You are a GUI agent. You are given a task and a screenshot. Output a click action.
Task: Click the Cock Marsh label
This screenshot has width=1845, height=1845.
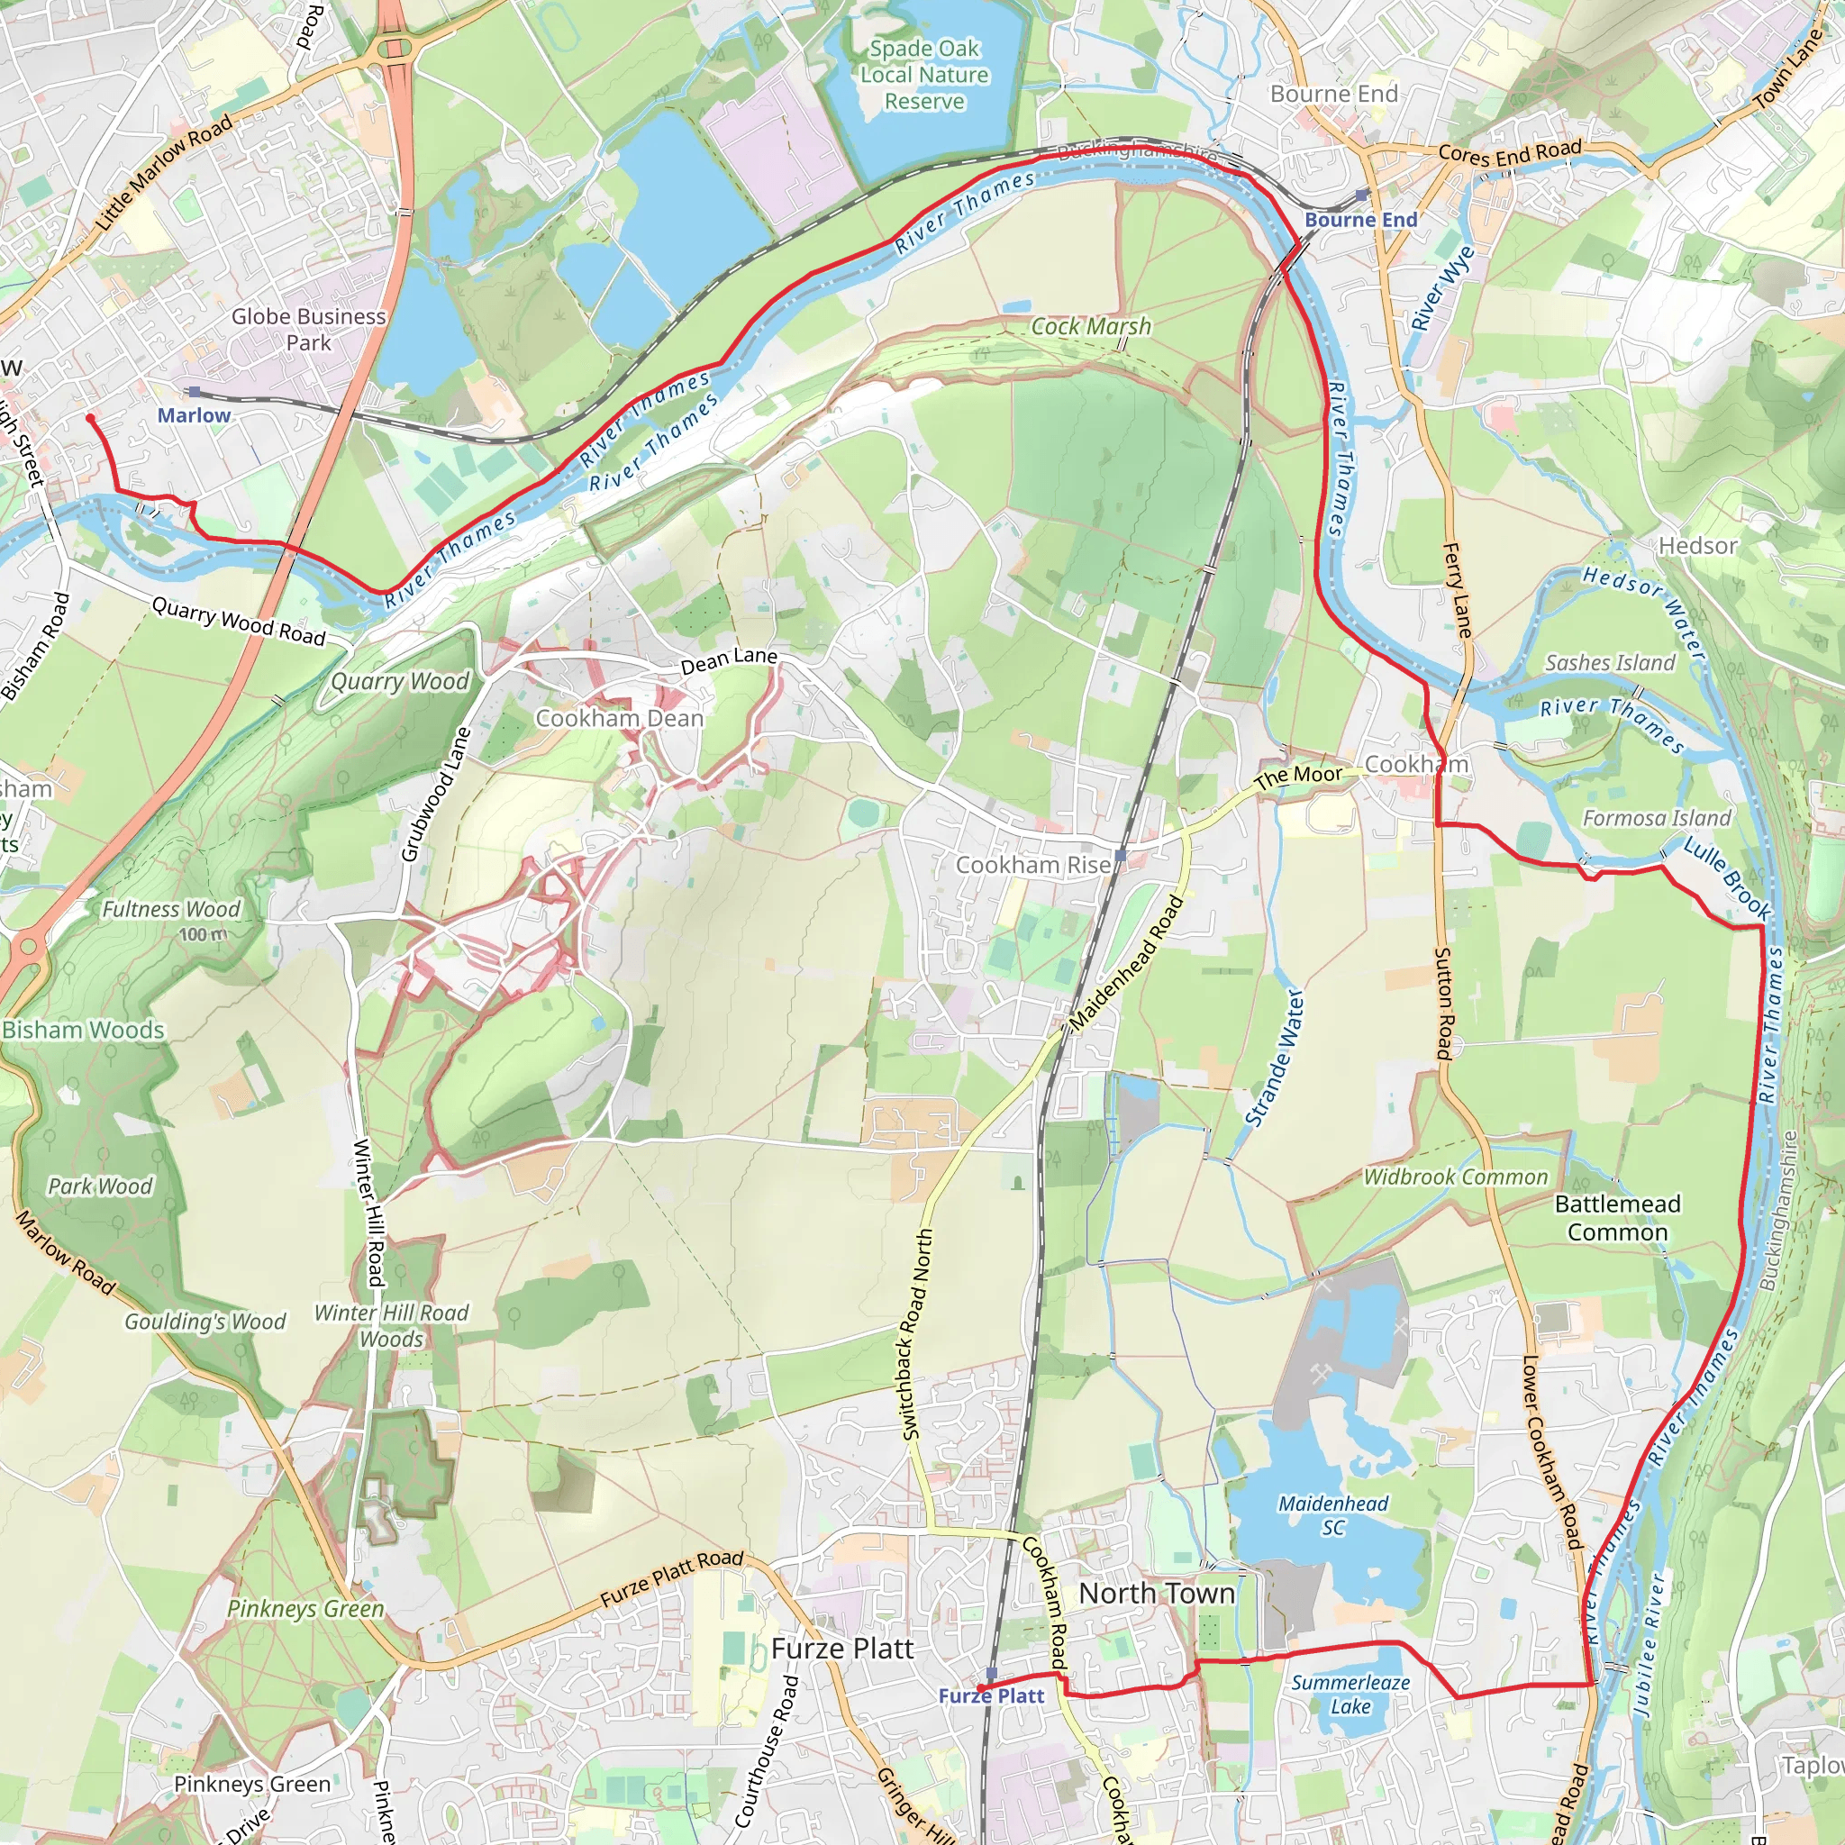tap(1091, 327)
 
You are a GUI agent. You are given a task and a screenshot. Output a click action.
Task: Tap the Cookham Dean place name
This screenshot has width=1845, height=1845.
tap(619, 718)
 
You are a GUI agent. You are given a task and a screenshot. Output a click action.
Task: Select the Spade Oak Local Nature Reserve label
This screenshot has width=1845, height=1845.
tap(923, 75)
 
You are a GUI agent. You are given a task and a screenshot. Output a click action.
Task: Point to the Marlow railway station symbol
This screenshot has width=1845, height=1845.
tap(195, 392)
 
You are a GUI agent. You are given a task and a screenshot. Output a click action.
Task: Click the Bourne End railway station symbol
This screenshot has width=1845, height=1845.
tap(1362, 195)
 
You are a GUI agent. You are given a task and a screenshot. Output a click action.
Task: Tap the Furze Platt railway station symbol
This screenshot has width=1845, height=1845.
tap(991, 1674)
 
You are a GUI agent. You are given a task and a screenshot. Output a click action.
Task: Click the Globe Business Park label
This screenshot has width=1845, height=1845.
tap(308, 329)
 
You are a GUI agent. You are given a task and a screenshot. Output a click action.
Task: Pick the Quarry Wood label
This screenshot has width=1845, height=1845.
tap(399, 681)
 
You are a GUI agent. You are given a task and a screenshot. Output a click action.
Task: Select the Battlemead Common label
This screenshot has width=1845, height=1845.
tap(1618, 1218)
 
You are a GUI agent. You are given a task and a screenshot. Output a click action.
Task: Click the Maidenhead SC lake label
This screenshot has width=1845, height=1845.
tap(1333, 1514)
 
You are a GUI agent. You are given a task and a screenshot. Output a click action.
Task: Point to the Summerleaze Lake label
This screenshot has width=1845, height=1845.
tap(1350, 1695)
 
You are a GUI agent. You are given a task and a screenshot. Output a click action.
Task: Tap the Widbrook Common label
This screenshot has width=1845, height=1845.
tap(1456, 1177)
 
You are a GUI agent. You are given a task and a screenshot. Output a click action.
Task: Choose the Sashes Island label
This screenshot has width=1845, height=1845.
tap(1610, 663)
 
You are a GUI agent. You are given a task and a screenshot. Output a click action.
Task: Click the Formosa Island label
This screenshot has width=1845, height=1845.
tap(1656, 817)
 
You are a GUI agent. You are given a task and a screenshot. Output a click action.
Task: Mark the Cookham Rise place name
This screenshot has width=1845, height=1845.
tap(1033, 864)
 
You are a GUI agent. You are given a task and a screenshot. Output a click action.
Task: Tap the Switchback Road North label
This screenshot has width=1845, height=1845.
tap(916, 1333)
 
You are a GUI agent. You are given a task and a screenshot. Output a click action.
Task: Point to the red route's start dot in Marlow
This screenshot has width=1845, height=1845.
tap(91, 418)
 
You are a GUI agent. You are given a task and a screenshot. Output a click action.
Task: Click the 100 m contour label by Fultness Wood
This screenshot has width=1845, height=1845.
tap(203, 934)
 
